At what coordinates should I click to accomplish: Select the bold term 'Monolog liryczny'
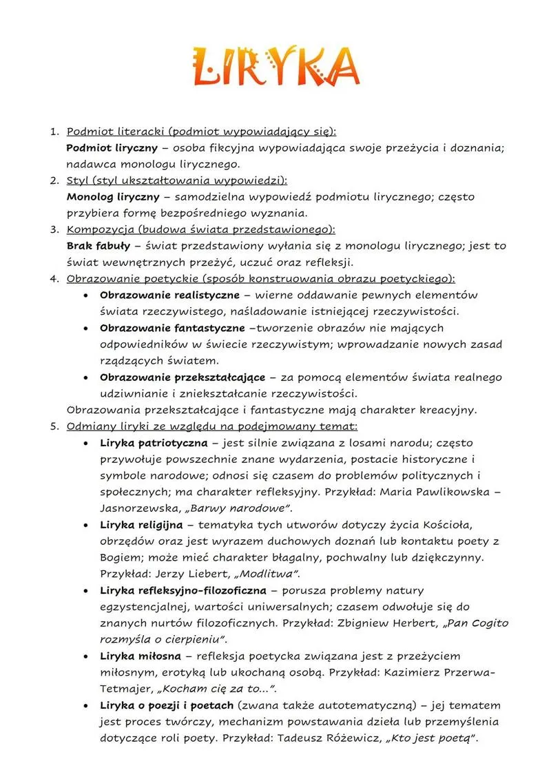[113, 196]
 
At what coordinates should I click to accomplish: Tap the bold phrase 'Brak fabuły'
[97, 246]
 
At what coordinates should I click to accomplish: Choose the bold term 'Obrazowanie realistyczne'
[169, 295]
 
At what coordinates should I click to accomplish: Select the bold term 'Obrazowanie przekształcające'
[182, 377]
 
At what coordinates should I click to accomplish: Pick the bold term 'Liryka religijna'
[142, 525]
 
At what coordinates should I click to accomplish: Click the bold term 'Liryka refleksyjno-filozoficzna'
[185, 590]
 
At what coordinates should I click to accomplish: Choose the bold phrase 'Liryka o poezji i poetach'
[167, 705]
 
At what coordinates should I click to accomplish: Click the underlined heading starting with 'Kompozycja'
[200, 229]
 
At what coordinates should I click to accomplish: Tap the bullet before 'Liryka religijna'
[84, 525]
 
